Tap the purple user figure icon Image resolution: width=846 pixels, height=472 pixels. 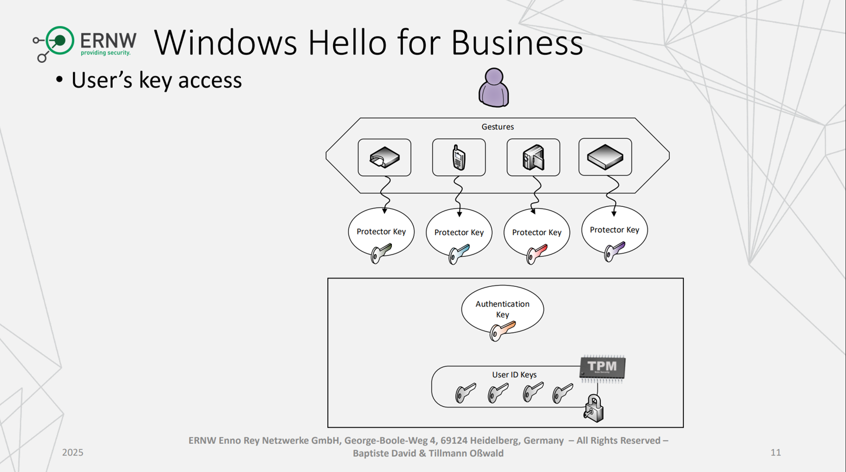[493, 88]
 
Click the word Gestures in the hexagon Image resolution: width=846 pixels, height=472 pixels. [498, 126]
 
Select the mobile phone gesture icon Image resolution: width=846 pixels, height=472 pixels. [459, 158]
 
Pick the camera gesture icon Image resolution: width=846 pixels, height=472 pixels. [533, 158]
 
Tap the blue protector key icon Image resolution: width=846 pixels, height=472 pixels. [458, 254]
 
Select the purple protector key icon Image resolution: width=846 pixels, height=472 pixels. [614, 252]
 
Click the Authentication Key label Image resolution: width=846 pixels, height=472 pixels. [502, 309]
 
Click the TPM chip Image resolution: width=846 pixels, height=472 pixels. [602, 368]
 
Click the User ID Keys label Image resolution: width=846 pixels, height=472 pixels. [514, 374]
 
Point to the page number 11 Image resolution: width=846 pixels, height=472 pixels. [775, 452]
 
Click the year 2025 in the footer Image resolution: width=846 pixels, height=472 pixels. [73, 452]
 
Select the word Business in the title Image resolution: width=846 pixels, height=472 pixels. [517, 42]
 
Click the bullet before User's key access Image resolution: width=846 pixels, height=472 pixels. [59, 80]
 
